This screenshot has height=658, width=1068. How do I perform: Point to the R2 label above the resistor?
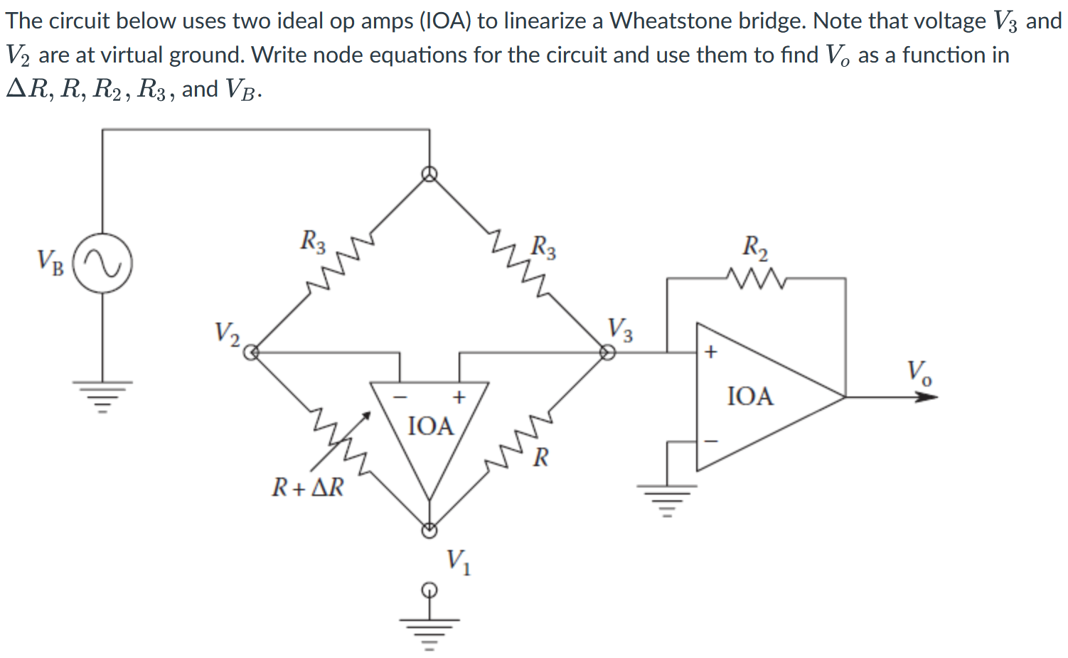pos(755,247)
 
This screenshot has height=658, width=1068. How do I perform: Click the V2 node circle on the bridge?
pos(250,351)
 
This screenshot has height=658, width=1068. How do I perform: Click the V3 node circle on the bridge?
pos(607,351)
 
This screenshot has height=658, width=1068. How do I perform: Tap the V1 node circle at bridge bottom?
pos(429,530)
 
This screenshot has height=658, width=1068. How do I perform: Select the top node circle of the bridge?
pos(429,174)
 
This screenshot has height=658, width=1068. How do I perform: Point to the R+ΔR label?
pos(307,487)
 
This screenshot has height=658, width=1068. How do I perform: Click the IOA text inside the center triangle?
pos(431,426)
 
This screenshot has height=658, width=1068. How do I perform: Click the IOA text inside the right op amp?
pos(750,396)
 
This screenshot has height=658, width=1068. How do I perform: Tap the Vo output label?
pos(919,371)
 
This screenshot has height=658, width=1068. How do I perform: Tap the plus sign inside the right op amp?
pos(710,352)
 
